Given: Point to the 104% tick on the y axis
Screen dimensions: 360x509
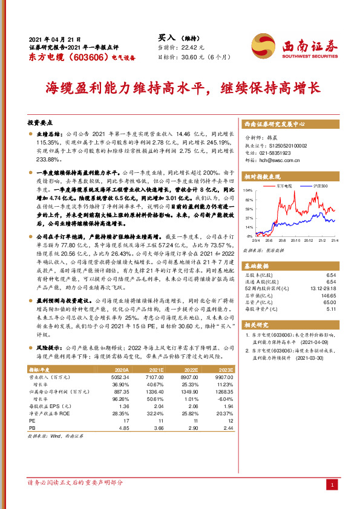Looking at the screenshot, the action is (247, 190).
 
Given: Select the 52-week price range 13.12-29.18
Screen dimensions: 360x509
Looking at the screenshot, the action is (322, 288).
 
